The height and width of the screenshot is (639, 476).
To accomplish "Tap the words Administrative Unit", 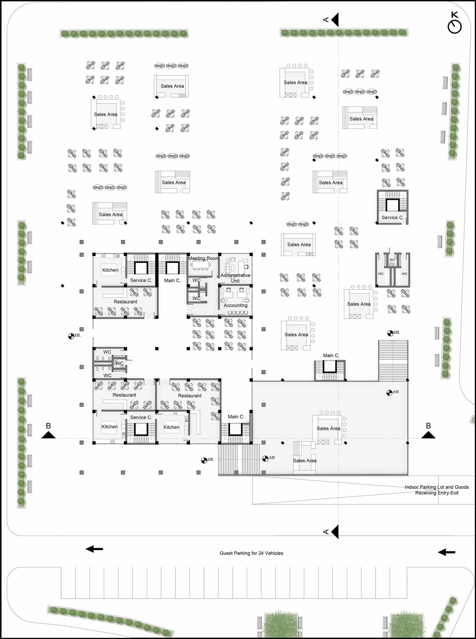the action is tap(235, 278).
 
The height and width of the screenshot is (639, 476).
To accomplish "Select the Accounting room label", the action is tap(235, 305).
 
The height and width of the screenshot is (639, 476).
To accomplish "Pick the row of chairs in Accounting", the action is tap(238, 313).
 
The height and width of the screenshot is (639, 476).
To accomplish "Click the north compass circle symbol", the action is tap(455, 27).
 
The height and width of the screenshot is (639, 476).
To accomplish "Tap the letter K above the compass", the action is tap(455, 15).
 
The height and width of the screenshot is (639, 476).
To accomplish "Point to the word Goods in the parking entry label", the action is tap(462, 487).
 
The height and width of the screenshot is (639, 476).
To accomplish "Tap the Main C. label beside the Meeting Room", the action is tap(172, 280).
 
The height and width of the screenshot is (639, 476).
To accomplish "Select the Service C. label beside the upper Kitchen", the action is tap(141, 280).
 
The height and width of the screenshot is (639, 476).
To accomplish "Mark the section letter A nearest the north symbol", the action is tap(326, 19).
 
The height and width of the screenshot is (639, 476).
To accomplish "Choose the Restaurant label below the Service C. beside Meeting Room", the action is tap(125, 302).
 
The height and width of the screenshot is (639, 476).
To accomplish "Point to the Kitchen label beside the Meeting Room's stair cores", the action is tap(110, 270).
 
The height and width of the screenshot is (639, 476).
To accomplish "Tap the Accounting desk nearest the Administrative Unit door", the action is tap(227, 293).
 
